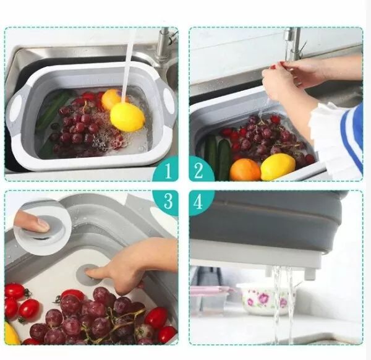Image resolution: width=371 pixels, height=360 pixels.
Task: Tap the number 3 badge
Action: [x=166, y=202]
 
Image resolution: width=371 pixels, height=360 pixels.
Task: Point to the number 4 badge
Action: [x=200, y=202]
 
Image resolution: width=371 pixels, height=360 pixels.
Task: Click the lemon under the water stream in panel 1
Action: [x=127, y=117]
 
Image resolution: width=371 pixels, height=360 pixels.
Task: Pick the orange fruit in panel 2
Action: [x=245, y=169]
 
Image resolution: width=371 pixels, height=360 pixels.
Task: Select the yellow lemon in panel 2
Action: [x=278, y=166]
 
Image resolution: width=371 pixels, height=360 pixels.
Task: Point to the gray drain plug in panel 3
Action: [x=88, y=275]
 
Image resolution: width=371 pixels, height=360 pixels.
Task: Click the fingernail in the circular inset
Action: [x=43, y=225]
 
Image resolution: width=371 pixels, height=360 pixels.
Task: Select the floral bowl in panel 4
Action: [x=267, y=299]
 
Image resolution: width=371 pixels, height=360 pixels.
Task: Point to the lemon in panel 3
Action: [x=11, y=334]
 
